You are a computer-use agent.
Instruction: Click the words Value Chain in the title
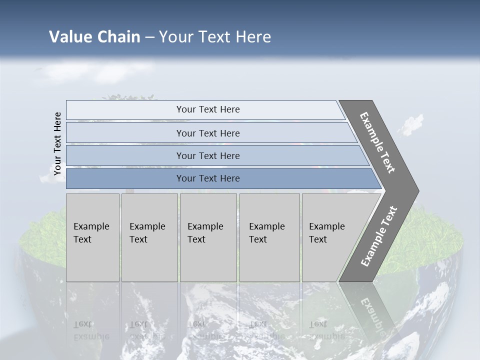tap(94, 37)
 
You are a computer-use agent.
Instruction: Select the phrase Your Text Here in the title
tap(215, 37)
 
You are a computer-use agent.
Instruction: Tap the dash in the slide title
tap(149, 37)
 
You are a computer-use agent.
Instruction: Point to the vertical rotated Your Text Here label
tap(57, 143)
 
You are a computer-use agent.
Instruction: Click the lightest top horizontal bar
tap(208, 109)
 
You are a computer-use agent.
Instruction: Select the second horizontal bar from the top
tap(208, 133)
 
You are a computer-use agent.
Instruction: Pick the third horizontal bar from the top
tap(208, 155)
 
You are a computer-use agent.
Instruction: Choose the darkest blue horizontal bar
tap(208, 178)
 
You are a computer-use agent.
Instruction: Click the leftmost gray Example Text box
tap(92, 237)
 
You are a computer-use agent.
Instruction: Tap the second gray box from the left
tap(149, 237)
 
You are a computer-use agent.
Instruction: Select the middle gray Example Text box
tap(208, 237)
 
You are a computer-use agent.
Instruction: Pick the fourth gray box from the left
tap(269, 237)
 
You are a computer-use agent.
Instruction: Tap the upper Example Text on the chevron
tap(378, 142)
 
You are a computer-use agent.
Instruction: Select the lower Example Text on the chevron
tap(379, 236)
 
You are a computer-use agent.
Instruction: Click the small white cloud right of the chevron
tap(411, 124)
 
